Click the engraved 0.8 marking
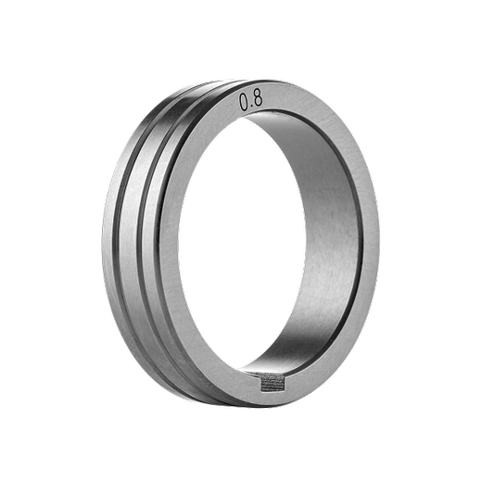tap(251, 100)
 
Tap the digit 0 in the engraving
tap(244, 102)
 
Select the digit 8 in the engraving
tap(258, 98)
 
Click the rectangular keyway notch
tap(273, 383)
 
